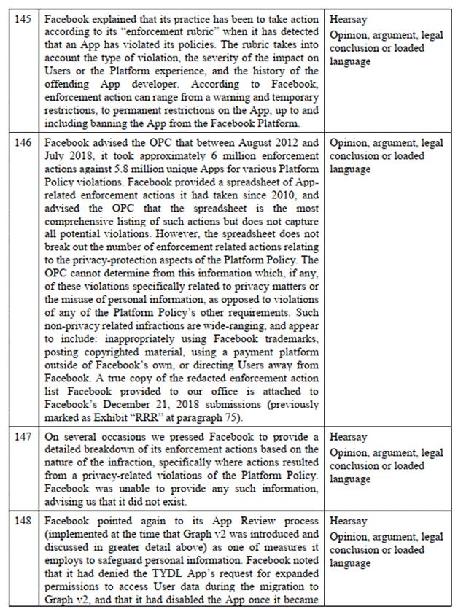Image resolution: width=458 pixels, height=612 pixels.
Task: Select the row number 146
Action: point(23,143)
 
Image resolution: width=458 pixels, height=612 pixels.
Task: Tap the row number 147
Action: point(23,436)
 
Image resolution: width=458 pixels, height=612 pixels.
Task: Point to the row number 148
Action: point(23,522)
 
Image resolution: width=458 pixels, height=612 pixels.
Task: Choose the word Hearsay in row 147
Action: point(349,436)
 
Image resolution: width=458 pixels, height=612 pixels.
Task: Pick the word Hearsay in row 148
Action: point(349,522)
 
